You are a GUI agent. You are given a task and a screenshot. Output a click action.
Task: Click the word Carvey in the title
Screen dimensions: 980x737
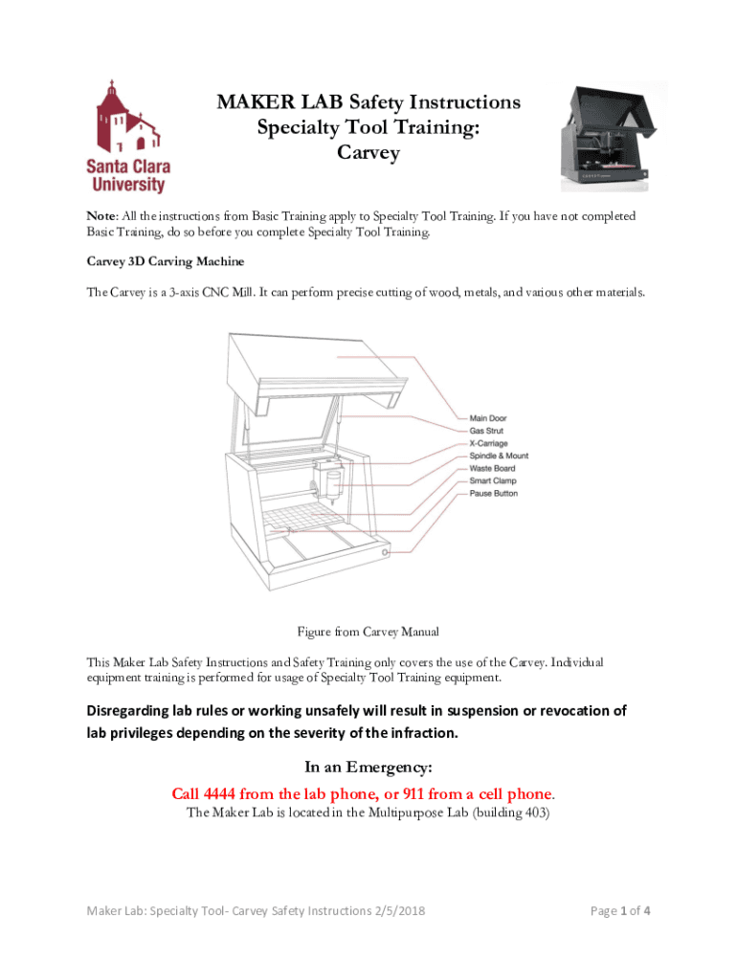click(x=368, y=152)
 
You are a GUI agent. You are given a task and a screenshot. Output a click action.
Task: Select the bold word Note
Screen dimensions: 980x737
click(x=102, y=217)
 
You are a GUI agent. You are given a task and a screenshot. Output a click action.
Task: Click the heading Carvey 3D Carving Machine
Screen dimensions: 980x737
click(x=166, y=261)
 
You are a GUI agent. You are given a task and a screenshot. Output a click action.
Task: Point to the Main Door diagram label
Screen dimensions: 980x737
click(x=488, y=418)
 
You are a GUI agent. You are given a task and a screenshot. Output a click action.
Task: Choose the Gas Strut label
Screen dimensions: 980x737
click(x=486, y=431)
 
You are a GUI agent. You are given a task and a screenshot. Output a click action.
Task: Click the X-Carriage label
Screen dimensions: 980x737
click(x=488, y=443)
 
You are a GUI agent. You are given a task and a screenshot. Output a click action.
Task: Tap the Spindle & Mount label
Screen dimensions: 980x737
click(x=499, y=456)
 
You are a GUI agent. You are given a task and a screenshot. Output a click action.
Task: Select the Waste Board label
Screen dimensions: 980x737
click(x=492, y=468)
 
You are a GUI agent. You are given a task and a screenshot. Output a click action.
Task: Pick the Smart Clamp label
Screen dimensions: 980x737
click(x=493, y=480)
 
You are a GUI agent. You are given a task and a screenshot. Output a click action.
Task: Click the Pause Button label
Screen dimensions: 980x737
click(x=494, y=493)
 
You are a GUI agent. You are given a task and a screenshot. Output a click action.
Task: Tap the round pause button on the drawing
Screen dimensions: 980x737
click(x=386, y=554)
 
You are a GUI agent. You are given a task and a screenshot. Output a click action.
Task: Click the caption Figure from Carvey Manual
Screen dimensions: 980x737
click(x=368, y=632)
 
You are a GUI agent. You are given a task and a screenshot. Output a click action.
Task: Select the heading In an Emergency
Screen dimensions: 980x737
click(x=368, y=768)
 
